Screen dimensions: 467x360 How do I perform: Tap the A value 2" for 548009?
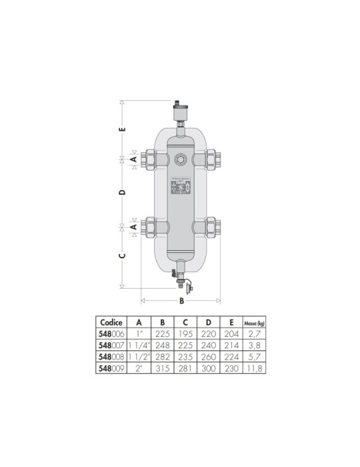click(x=139, y=368)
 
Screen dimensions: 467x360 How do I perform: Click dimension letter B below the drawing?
click(x=181, y=301)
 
